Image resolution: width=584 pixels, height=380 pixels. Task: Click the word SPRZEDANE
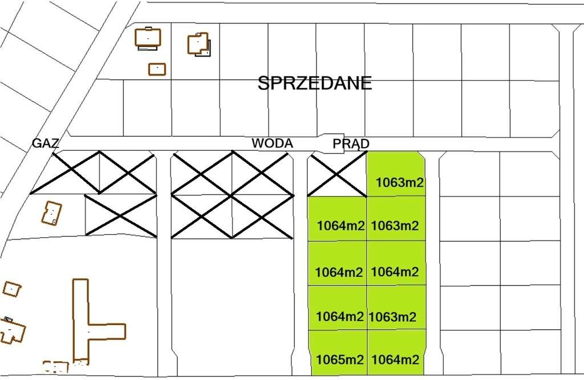[x=315, y=83]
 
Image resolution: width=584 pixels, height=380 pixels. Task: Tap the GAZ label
[x=46, y=143]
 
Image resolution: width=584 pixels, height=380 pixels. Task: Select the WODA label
[x=273, y=143]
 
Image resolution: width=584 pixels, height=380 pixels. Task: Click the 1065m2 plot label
[x=339, y=360]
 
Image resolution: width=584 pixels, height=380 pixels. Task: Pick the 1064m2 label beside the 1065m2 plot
[x=395, y=360]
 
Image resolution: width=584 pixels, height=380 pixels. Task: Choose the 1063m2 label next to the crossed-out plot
[x=400, y=183]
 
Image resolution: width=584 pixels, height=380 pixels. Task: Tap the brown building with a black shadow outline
[x=198, y=44]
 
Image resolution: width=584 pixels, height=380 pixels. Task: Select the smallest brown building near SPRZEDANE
[x=157, y=69]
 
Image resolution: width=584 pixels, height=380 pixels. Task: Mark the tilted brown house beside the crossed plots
[x=51, y=213]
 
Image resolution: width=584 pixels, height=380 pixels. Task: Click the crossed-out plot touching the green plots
[x=337, y=174]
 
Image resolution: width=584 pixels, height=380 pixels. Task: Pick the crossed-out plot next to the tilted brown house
[x=120, y=215]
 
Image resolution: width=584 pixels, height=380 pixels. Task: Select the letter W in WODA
[x=258, y=143]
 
